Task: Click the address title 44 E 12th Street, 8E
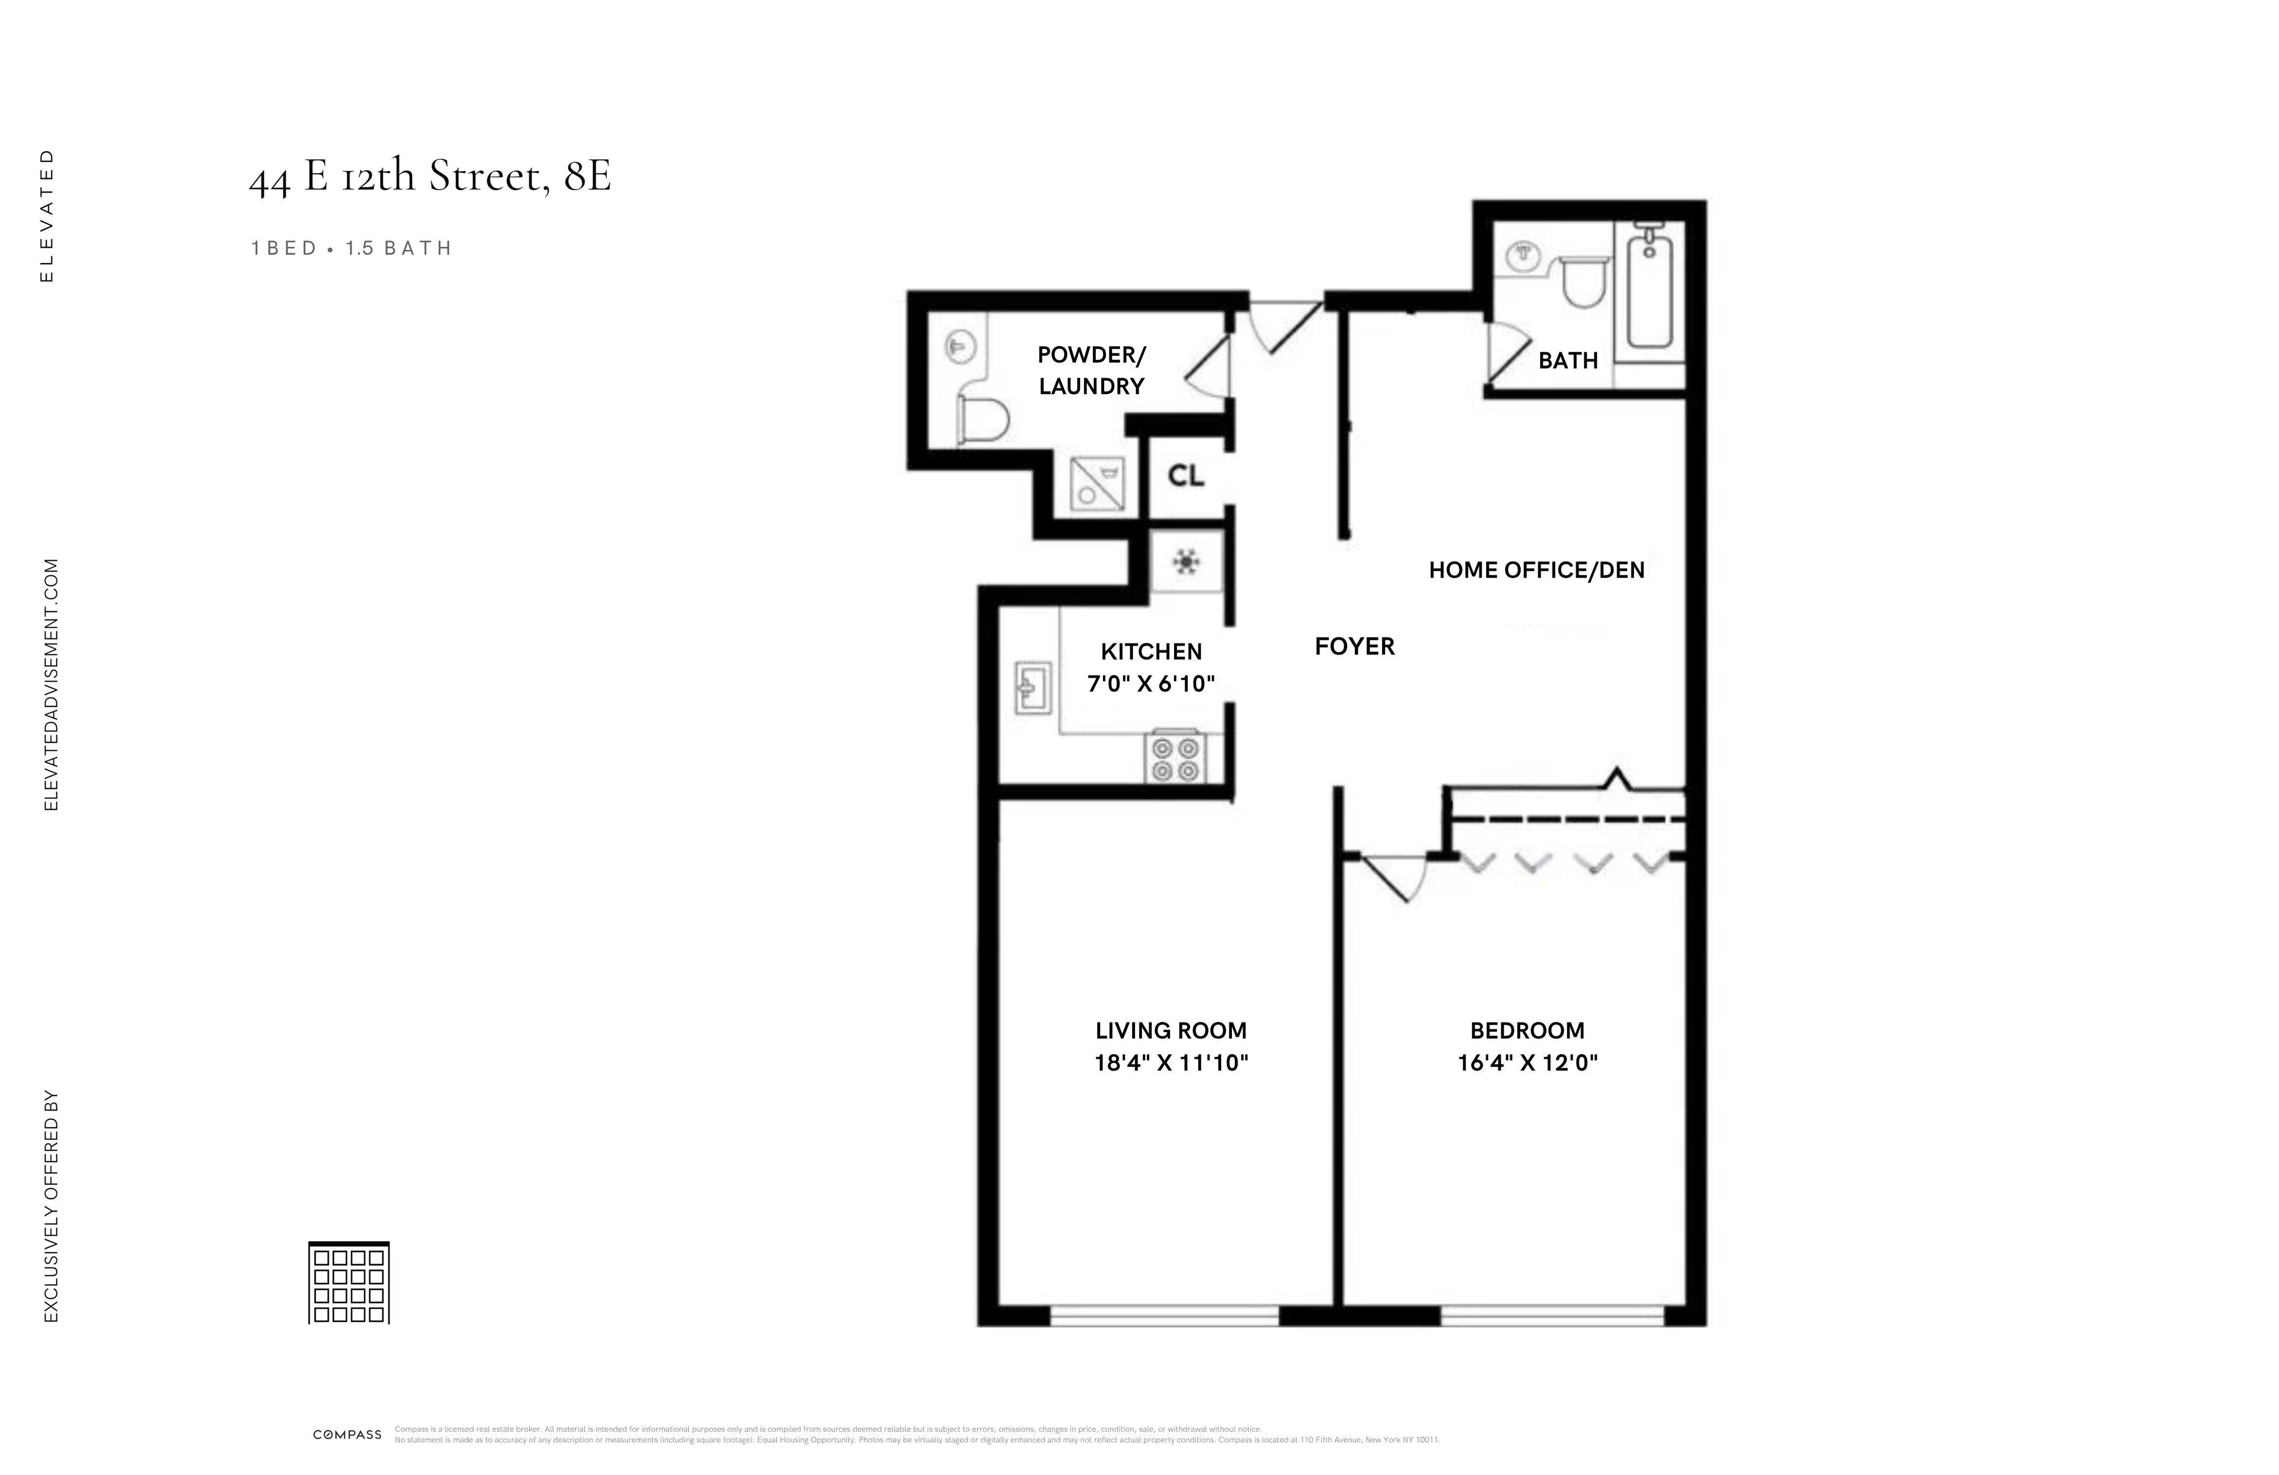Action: (430, 176)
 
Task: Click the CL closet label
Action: (1186, 476)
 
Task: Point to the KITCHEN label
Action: (1151, 652)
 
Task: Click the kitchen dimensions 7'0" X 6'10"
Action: (1151, 684)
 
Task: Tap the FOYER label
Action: (1354, 647)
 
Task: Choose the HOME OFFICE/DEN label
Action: (1536, 570)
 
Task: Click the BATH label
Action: (1567, 361)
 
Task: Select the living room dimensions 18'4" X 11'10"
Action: (1171, 1062)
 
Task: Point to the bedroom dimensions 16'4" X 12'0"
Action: (1527, 1062)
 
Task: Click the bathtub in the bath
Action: (1649, 287)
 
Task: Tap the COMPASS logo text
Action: (347, 1435)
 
